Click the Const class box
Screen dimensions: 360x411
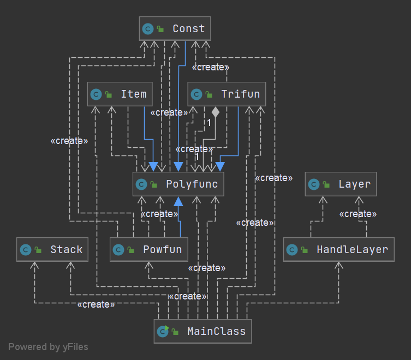175,28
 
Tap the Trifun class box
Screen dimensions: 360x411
227,94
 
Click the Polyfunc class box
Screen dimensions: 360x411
178,184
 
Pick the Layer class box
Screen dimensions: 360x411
341,184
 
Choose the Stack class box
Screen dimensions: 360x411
52,250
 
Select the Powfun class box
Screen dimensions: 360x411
149,250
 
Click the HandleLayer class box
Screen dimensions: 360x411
338,250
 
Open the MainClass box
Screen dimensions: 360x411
202,331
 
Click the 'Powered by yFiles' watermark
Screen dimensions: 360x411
48,347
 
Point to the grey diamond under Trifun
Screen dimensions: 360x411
216,112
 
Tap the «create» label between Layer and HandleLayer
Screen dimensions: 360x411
358,214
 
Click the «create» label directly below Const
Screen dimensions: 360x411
210,67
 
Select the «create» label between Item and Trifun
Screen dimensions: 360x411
169,112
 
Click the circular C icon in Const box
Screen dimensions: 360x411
147,29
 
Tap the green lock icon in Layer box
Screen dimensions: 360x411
327,185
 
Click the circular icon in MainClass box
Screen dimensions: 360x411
163,331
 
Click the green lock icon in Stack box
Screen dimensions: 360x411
38,250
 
